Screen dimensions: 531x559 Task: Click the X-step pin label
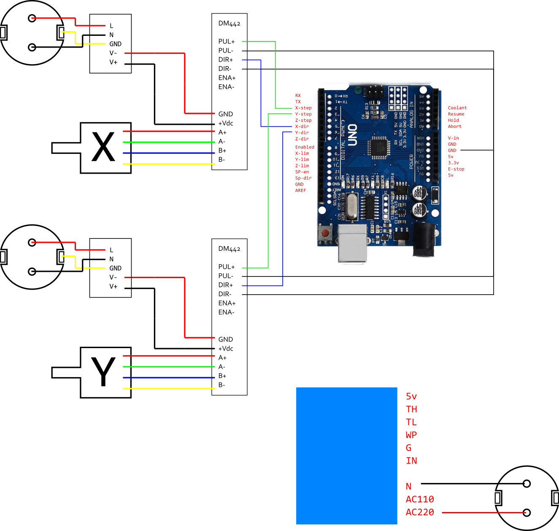click(303, 108)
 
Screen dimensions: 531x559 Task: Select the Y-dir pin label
click(302, 133)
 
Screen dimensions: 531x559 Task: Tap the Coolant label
click(457, 108)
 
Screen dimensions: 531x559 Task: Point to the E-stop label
click(456, 169)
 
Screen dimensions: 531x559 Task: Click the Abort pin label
click(455, 126)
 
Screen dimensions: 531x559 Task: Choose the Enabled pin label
click(305, 147)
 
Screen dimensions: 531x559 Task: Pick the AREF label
click(300, 190)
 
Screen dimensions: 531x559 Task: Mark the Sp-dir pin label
click(303, 178)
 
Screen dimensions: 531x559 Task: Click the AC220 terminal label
click(420, 512)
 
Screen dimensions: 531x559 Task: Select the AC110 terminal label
click(420, 499)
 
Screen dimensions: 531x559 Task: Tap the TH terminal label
click(411, 409)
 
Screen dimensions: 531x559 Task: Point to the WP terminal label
click(411, 435)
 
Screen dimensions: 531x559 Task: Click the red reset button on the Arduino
click(325, 233)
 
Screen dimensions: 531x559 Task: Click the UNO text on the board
click(352, 135)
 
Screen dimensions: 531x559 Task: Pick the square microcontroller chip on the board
click(378, 147)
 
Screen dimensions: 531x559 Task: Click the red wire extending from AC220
click(483, 512)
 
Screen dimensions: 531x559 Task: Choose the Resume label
click(456, 114)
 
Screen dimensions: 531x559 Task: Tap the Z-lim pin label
click(302, 166)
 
